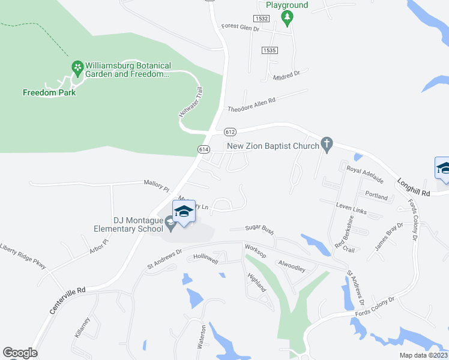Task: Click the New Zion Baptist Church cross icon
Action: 327,143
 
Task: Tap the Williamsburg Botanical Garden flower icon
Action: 77,68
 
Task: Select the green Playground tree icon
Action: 288,18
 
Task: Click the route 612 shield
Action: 229,131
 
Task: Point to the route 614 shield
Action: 202,148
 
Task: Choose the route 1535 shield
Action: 269,50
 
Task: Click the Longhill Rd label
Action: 414,187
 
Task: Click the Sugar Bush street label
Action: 259,229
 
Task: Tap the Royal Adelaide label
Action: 366,170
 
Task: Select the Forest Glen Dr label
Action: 240,27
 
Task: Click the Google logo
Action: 19,353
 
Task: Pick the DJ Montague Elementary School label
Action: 128,224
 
